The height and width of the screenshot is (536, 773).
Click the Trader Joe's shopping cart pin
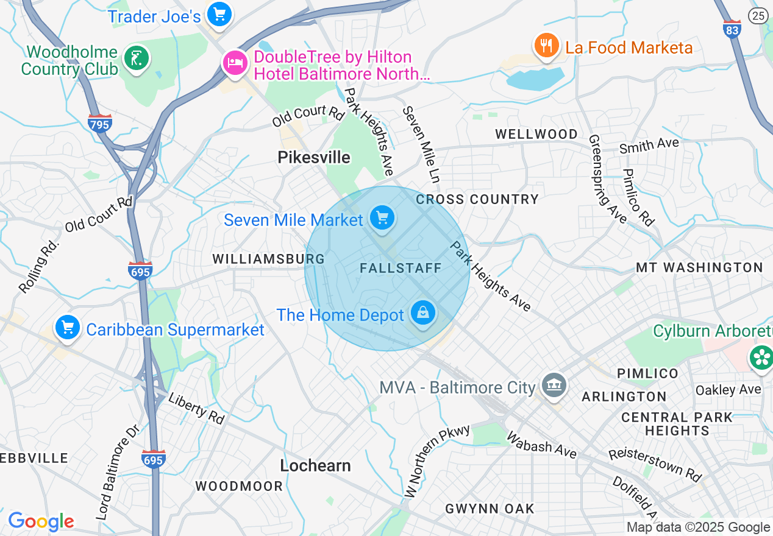click(218, 14)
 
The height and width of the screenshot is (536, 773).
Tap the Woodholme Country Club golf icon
click(136, 59)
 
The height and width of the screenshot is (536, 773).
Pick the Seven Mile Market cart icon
click(382, 218)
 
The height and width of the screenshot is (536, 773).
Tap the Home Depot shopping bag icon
click(422, 314)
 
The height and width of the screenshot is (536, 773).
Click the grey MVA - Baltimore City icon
click(554, 386)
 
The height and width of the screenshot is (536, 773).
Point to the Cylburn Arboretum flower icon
click(761, 357)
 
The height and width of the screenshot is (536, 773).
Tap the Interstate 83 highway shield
click(732, 30)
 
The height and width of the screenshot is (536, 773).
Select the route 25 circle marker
click(759, 16)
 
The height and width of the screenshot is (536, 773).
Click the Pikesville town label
click(314, 158)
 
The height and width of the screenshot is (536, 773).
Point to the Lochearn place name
click(315, 466)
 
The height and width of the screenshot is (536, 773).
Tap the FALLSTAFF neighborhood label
click(401, 269)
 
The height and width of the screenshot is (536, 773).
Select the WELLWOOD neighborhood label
click(536, 134)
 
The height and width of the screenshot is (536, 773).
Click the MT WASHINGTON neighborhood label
click(699, 267)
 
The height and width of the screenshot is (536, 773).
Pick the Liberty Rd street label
click(196, 408)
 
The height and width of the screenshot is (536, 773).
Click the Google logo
click(41, 521)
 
